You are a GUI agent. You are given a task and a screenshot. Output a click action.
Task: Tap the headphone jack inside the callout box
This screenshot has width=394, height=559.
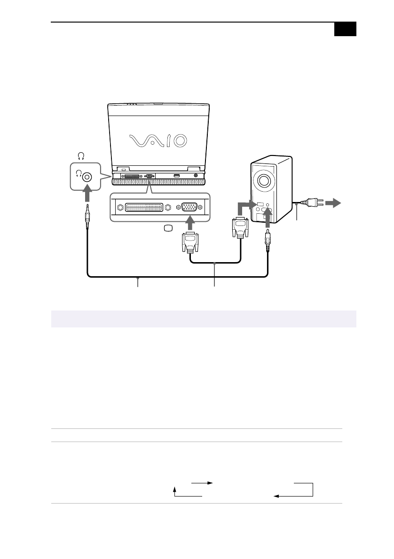point(87,177)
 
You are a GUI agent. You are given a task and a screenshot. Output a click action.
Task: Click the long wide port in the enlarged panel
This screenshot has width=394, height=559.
point(143,207)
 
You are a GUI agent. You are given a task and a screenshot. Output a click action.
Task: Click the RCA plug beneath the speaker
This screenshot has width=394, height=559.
point(268,240)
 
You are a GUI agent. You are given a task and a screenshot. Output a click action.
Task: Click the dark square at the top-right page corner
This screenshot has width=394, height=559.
point(346,29)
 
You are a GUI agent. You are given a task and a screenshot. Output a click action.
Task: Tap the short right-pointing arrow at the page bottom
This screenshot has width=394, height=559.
point(202,482)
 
